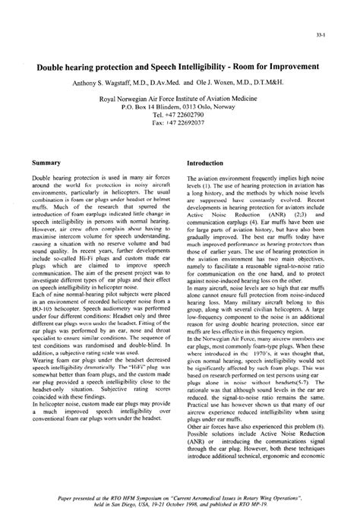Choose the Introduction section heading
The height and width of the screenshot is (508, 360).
click(x=207, y=163)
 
